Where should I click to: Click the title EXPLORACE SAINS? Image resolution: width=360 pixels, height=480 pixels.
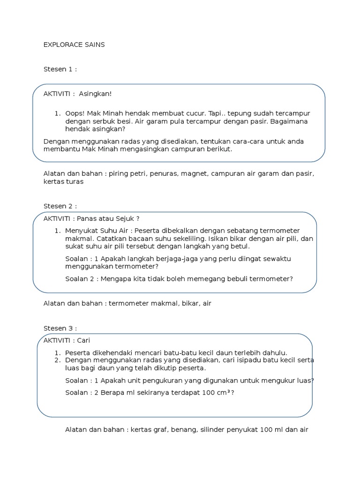(74, 45)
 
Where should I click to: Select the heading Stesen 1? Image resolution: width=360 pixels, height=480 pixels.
(60, 69)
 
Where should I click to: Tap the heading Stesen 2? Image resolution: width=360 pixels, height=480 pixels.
(60, 206)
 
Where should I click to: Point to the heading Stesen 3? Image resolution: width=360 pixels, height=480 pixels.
(60, 328)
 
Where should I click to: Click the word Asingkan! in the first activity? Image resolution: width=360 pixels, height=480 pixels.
(96, 94)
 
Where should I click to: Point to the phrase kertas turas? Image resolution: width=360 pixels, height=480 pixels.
(63, 181)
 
